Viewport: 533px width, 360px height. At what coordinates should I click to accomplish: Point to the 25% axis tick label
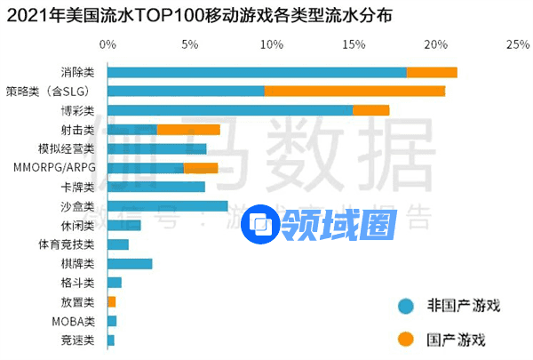click(x=517, y=44)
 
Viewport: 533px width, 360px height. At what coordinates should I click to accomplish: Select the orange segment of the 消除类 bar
click(x=432, y=72)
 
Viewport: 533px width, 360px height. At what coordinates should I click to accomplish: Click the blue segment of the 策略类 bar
click(x=186, y=91)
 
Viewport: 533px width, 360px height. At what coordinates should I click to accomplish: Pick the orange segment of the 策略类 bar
click(x=354, y=91)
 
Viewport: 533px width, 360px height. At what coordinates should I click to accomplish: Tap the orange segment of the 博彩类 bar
click(x=370, y=110)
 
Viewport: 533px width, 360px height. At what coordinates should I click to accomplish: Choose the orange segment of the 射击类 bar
click(x=188, y=130)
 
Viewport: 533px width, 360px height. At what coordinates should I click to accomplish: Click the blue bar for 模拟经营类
click(x=156, y=148)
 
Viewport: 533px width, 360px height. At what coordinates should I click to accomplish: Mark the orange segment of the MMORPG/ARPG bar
click(x=201, y=167)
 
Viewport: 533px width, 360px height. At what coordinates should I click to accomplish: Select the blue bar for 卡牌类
click(x=155, y=187)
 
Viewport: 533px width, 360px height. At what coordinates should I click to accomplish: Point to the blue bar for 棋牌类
click(x=130, y=263)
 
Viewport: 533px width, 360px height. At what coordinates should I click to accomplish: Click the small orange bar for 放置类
click(x=111, y=301)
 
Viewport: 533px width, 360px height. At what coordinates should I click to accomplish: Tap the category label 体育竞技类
click(x=66, y=244)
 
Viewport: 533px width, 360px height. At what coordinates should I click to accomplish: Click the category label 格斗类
click(x=77, y=283)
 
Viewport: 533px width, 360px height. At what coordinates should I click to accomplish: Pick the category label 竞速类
click(x=77, y=340)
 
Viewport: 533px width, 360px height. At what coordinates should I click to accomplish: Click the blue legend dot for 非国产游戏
click(x=406, y=306)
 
